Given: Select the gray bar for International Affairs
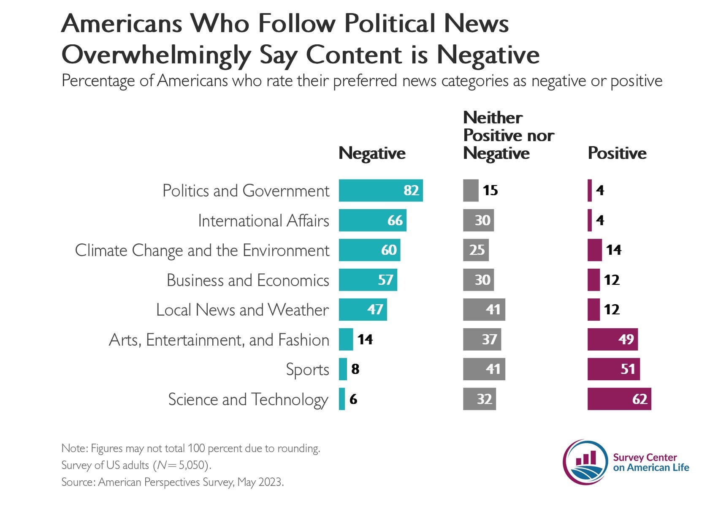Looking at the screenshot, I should click(478, 221).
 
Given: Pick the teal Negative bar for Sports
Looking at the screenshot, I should click(343, 369).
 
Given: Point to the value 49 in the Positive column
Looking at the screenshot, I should click(626, 339).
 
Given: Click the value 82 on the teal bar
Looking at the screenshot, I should click(411, 191).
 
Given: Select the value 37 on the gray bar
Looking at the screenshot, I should click(489, 339).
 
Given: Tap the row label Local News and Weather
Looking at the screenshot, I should click(242, 310).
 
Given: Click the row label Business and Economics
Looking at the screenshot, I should click(247, 281).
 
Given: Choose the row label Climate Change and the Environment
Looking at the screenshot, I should click(202, 251).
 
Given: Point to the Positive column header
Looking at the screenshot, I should click(617, 153).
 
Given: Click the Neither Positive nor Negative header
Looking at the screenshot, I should click(508, 135).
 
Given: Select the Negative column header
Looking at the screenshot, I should click(371, 153).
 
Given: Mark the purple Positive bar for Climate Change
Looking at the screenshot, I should click(594, 250).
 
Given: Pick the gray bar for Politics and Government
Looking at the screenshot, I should click(470, 191).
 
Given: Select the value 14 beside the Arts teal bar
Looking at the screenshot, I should click(365, 339).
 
